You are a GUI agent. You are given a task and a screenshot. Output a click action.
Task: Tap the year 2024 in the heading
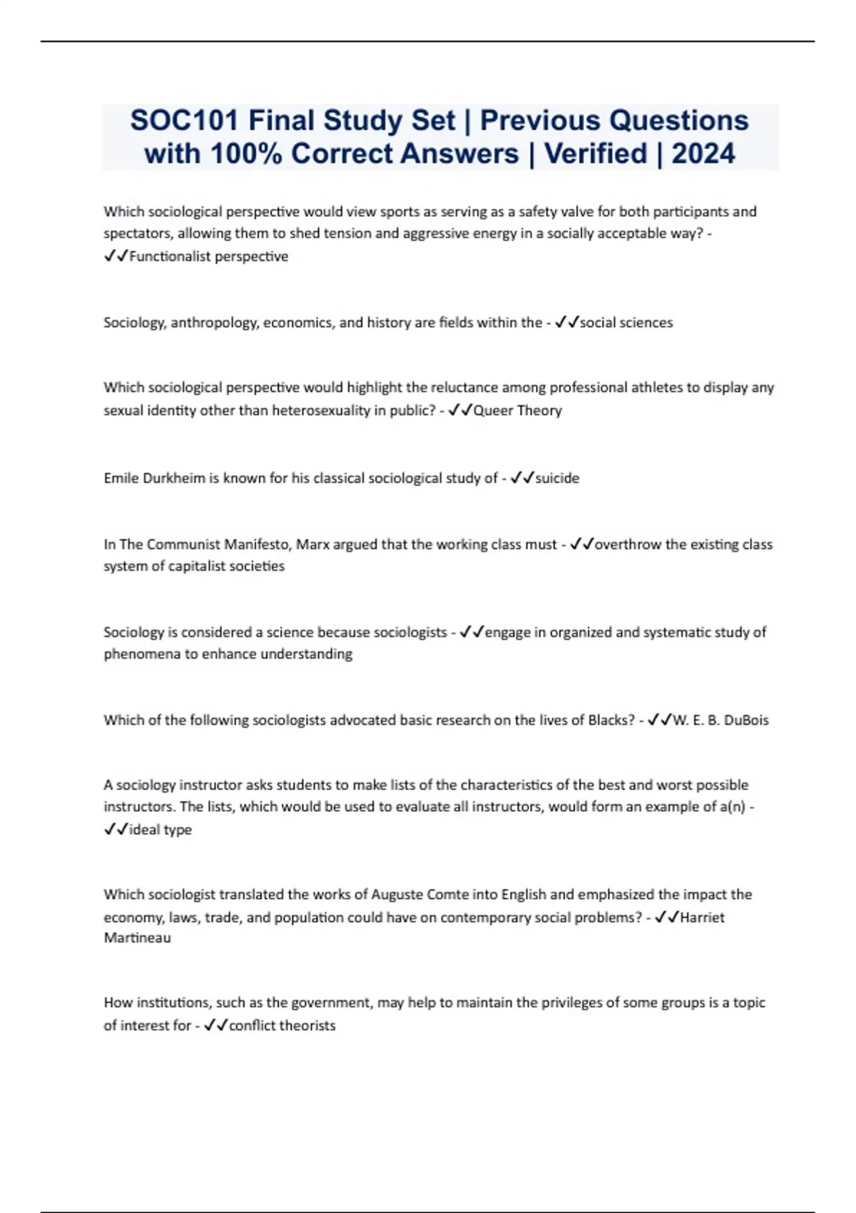coord(703,154)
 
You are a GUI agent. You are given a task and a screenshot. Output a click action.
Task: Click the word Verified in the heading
coord(596,154)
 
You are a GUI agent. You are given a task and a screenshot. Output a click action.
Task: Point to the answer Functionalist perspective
coord(208,256)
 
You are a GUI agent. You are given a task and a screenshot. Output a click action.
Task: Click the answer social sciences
coord(626,323)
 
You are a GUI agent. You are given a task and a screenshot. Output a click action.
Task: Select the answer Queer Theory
coord(517,410)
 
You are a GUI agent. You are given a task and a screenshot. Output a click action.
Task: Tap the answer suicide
coord(557,478)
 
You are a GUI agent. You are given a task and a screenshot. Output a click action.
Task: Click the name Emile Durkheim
coord(154,478)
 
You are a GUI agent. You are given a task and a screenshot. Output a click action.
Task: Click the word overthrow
coord(628,544)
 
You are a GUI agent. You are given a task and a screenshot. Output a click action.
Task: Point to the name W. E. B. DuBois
coord(720,720)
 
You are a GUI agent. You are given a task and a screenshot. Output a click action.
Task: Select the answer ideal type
coord(160,830)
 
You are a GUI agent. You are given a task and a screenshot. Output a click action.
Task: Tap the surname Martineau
coord(138,938)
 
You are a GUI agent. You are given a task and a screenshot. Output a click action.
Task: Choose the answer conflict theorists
coord(282,1025)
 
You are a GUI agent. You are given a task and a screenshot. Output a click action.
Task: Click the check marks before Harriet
coord(666,917)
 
